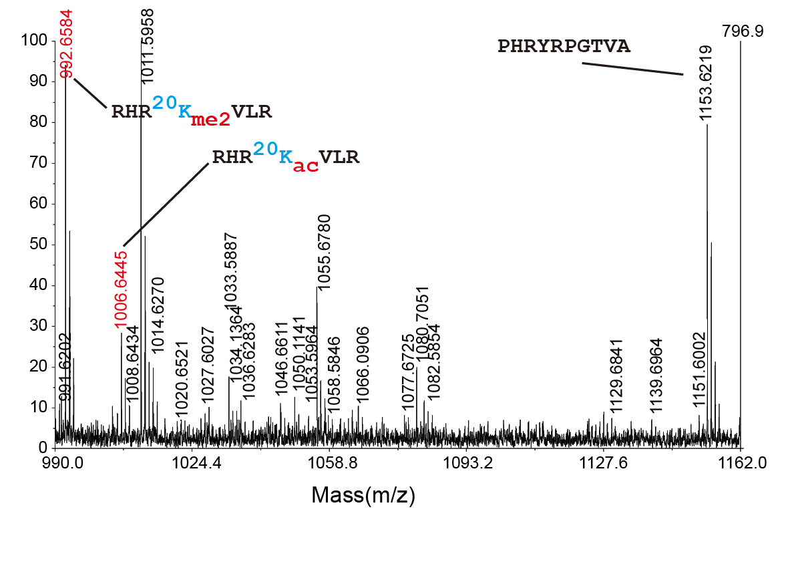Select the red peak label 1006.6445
coord(122,289)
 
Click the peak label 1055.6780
coord(324,252)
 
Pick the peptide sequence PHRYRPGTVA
coord(564,47)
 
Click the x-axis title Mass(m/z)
coord(363,495)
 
